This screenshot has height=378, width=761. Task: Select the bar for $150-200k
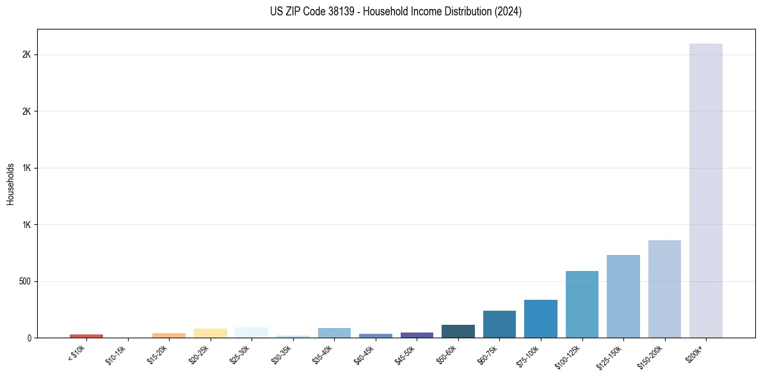[664, 289]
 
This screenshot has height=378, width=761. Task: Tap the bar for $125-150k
[623, 296]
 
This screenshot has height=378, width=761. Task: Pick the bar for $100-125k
[582, 304]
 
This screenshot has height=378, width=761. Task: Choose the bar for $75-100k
[540, 318]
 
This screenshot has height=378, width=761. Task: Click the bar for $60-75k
[499, 324]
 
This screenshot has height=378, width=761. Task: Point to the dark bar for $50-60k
[458, 331]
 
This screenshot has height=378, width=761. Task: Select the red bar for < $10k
[86, 336]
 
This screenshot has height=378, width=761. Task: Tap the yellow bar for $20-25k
[210, 333]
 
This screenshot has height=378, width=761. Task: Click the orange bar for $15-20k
[169, 335]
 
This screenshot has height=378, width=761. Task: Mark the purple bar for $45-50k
[417, 335]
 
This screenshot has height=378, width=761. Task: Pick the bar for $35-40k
[334, 333]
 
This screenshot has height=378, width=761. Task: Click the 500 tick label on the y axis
[26, 281]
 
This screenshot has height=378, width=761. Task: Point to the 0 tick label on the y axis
[29, 338]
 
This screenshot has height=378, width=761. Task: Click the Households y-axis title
[10, 184]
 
